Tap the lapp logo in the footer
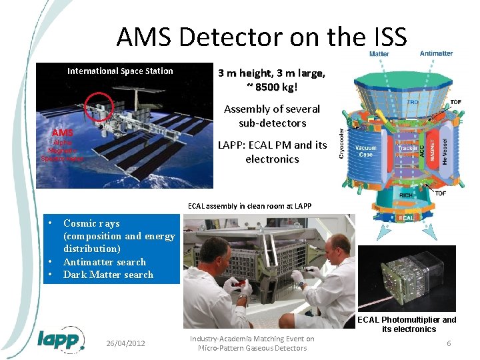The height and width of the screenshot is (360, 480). pyautogui.click(x=60, y=340)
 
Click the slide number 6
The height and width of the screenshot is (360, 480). pyautogui.click(x=449, y=343)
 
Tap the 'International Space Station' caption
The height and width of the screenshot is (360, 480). pyautogui.click(x=120, y=71)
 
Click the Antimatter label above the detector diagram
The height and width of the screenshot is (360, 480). pyautogui.click(x=437, y=53)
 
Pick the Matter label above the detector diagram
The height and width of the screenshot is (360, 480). pyautogui.click(x=379, y=53)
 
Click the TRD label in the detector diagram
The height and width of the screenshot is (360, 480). pyautogui.click(x=413, y=103)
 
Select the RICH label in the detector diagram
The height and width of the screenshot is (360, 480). pyautogui.click(x=405, y=196)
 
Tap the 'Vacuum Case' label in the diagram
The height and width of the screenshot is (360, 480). pyautogui.click(x=366, y=151)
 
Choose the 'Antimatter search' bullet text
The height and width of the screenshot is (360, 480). pyautogui.click(x=104, y=262)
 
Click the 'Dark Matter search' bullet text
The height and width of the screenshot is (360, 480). pyautogui.click(x=108, y=275)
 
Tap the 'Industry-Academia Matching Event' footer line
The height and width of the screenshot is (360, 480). pyautogui.click(x=252, y=339)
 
